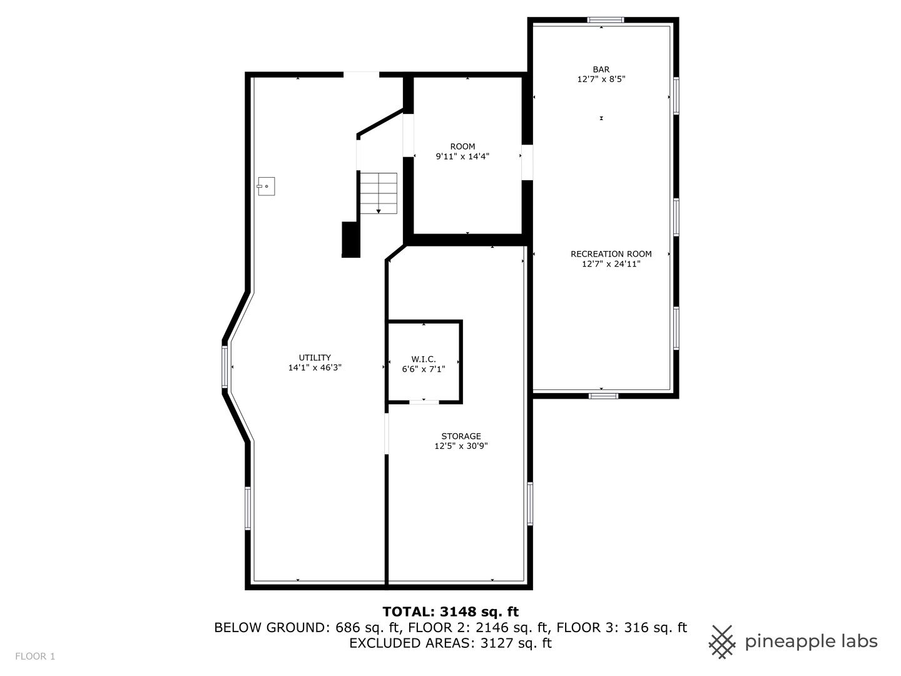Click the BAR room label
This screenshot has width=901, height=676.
coord(601,69)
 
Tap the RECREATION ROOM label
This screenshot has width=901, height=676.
coord(611,254)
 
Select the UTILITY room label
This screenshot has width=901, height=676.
coord(315,357)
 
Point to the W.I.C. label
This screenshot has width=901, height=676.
coord(424,359)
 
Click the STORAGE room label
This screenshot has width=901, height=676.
coord(461,436)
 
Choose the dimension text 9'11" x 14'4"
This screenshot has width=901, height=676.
coord(462,156)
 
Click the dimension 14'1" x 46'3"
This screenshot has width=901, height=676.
coord(315,368)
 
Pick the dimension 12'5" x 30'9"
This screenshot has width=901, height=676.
coord(461,446)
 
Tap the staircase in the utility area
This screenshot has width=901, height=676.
coord(379,193)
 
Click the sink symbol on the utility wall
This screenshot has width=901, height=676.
coord(266,187)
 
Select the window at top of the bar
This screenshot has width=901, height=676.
coord(606,20)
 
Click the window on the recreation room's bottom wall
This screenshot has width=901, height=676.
coord(603,396)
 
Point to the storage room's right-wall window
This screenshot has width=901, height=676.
coord(530,504)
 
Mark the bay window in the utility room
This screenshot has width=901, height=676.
coord(225,367)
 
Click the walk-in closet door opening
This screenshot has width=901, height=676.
coord(424,402)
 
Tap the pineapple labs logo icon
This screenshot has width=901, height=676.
coord(721,642)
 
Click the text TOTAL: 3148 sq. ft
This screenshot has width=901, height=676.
coord(450,612)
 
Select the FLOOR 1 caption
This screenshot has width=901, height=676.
coord(35,657)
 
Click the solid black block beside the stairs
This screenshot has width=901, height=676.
coord(351,240)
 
